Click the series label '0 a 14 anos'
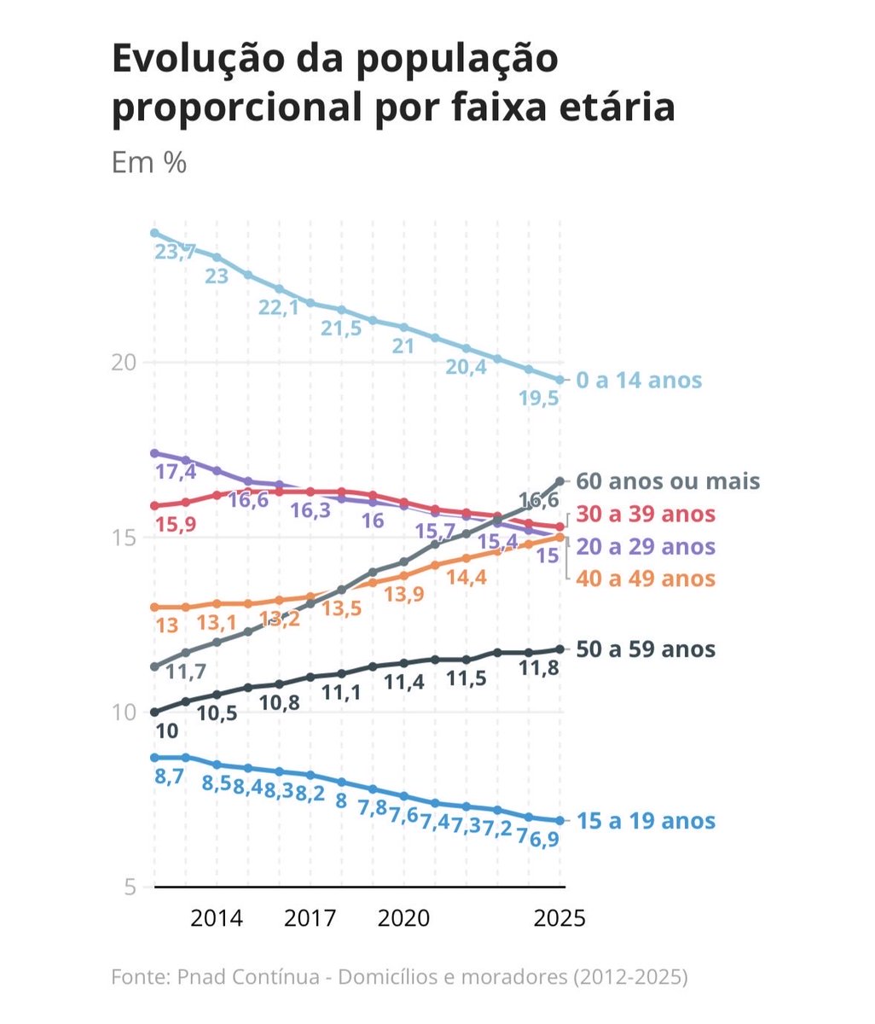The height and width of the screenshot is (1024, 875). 639,380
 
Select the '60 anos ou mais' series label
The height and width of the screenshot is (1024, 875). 668,481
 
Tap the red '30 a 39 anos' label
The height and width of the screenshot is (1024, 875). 646,514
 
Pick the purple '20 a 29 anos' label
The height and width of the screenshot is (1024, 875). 646,546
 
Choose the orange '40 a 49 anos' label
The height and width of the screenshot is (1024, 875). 646,579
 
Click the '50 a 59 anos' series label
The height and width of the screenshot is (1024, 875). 646,649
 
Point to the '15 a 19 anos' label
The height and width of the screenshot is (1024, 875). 646,821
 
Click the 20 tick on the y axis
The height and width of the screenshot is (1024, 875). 124,363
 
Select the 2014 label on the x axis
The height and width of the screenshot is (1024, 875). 217,918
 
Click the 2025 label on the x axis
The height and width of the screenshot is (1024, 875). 559,918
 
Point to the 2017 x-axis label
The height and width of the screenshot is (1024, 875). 310,918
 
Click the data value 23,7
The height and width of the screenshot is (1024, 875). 176,252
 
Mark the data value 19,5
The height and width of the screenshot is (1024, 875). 539,398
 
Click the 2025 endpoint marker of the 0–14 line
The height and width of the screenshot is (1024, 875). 560,380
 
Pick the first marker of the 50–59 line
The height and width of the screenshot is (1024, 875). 154,712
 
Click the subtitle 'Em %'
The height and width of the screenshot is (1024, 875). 148,162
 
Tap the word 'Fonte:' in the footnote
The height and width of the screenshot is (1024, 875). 141,976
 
